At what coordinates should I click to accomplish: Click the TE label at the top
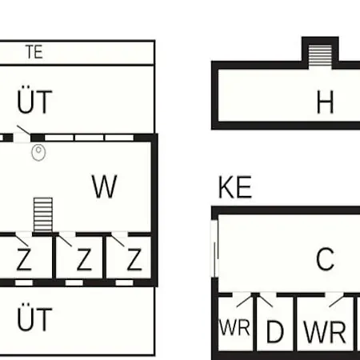tap(34, 52)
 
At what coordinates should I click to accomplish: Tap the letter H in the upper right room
tap(325, 102)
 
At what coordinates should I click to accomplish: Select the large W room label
tap(104, 186)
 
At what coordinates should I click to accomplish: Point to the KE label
tap(235, 187)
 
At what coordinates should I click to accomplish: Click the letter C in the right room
tap(325, 258)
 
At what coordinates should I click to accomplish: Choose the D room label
tap(275, 331)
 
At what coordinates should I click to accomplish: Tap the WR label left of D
tap(234, 327)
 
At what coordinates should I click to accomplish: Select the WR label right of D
tap(325, 332)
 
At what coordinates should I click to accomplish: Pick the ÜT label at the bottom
tap(34, 317)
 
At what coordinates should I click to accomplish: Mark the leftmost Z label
tap(24, 259)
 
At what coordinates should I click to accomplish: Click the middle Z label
tap(84, 259)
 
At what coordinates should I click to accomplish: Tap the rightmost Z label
tap(134, 259)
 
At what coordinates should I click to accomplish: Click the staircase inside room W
tap(43, 215)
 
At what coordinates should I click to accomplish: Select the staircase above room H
tap(320, 57)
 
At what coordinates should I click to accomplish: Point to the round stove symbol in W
tap(38, 152)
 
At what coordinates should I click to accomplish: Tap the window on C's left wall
tap(215, 249)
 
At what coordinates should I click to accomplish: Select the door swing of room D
tap(266, 300)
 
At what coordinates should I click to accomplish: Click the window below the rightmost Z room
tap(124, 282)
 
